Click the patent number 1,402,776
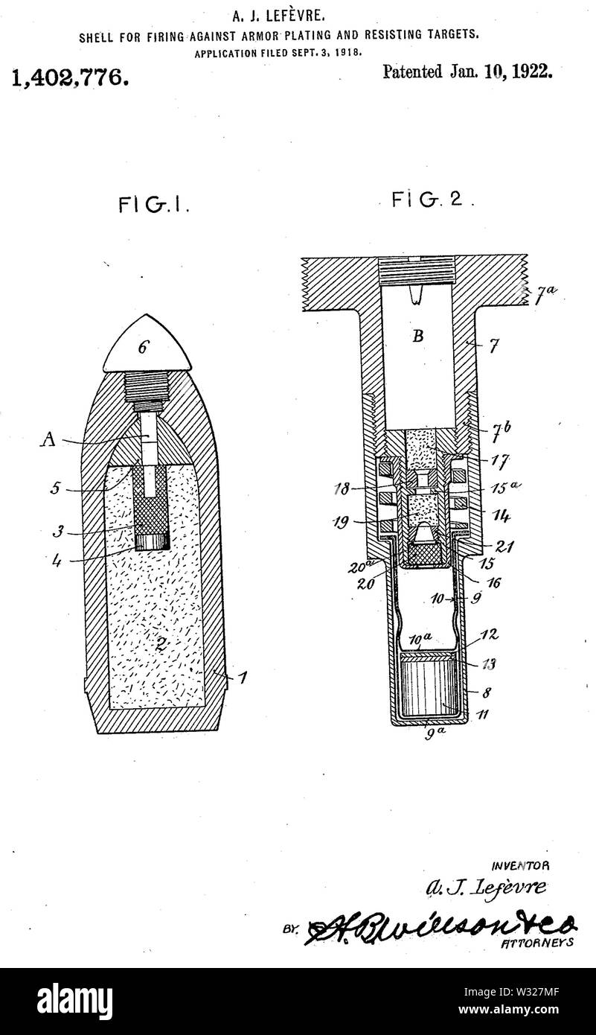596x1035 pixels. (x=69, y=77)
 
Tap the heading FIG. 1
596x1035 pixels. (x=153, y=206)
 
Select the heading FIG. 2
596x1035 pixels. (x=432, y=200)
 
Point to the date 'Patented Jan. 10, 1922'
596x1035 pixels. (x=467, y=72)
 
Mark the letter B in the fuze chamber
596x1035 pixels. (x=418, y=336)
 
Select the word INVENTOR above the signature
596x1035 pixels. (x=520, y=866)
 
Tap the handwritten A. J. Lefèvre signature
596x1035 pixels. (x=485, y=888)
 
